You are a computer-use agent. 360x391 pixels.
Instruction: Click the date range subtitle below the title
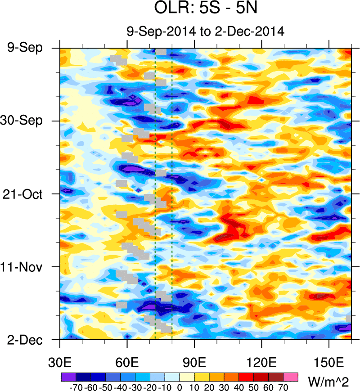205,32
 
